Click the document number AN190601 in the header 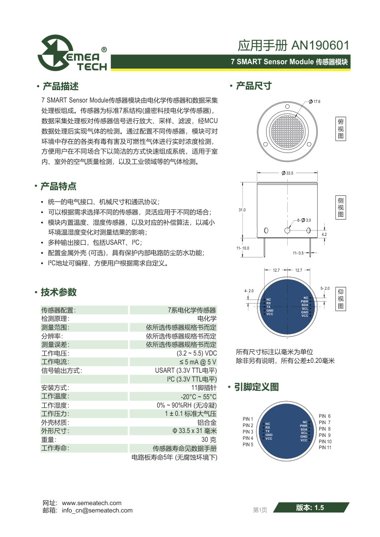(x=320, y=46)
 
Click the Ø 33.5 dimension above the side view (x=288, y=173)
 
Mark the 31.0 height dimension (x=242, y=210)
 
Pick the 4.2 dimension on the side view (x=324, y=235)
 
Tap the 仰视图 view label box (x=341, y=299)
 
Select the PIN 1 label (x=248, y=419)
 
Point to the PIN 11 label (x=325, y=447)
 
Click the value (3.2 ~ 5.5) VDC (x=196, y=353)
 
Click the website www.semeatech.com (x=91, y=503)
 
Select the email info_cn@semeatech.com (x=97, y=510)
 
